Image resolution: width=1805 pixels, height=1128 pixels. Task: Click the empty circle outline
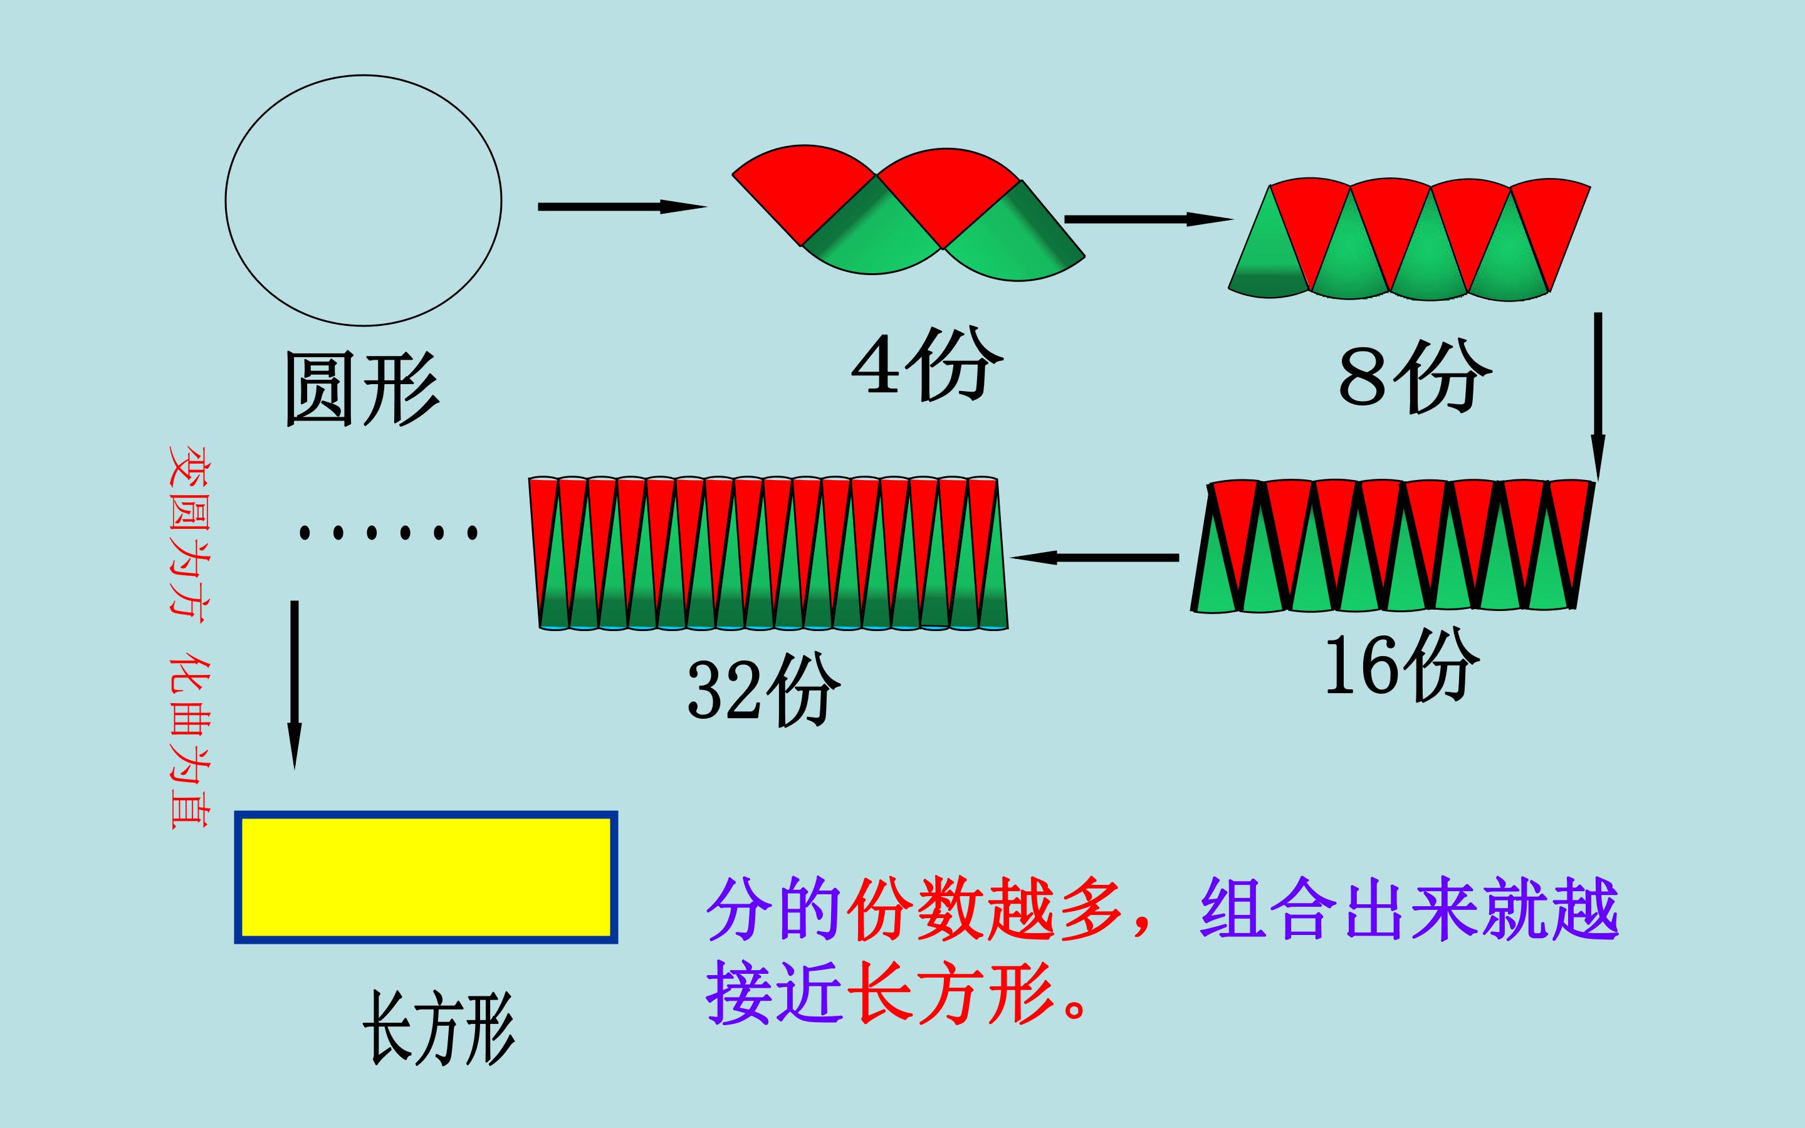226,201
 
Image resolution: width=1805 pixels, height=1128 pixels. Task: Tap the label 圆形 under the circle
362,389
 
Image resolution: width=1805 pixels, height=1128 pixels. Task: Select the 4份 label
927,364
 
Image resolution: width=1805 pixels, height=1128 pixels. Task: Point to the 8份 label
1415,377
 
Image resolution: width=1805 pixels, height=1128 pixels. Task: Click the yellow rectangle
426,877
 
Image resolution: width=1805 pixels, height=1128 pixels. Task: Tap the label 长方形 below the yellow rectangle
439,1028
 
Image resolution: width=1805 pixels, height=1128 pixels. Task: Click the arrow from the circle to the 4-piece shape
622,207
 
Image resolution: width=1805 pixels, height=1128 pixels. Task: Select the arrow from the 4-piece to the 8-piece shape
1149,219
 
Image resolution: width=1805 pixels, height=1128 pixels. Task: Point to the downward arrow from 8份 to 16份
1598,397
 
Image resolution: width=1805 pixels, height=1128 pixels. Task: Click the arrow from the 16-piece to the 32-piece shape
1095,557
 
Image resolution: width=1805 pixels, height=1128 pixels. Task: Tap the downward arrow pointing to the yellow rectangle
295,685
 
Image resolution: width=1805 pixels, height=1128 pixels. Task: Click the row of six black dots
388,533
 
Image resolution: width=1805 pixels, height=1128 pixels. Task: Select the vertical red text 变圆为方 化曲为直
189,638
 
